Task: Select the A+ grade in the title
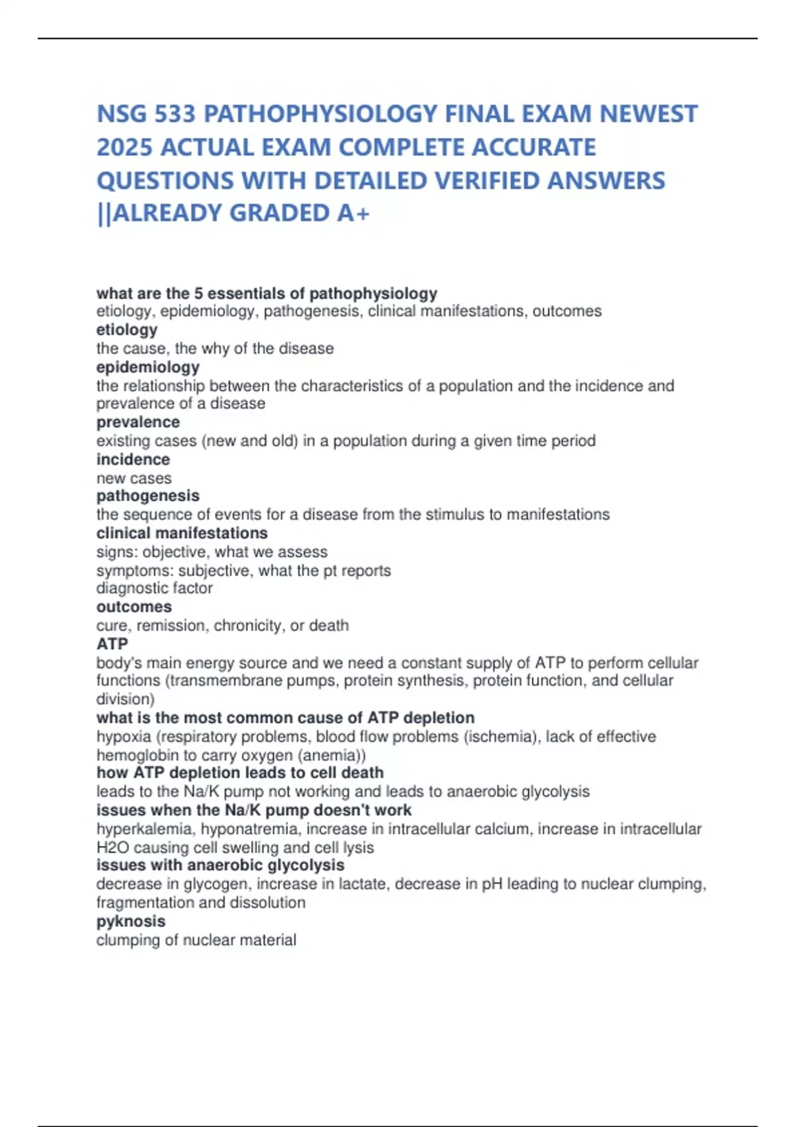(354, 213)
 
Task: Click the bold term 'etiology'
(127, 329)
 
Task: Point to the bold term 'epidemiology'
(148, 367)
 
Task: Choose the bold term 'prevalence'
(138, 422)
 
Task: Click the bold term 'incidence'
(133, 459)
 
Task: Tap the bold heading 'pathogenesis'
(148, 495)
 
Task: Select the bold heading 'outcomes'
(134, 607)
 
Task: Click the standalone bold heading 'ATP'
(112, 644)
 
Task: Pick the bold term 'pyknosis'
(131, 921)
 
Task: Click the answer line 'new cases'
(134, 478)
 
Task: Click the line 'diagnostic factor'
(155, 588)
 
